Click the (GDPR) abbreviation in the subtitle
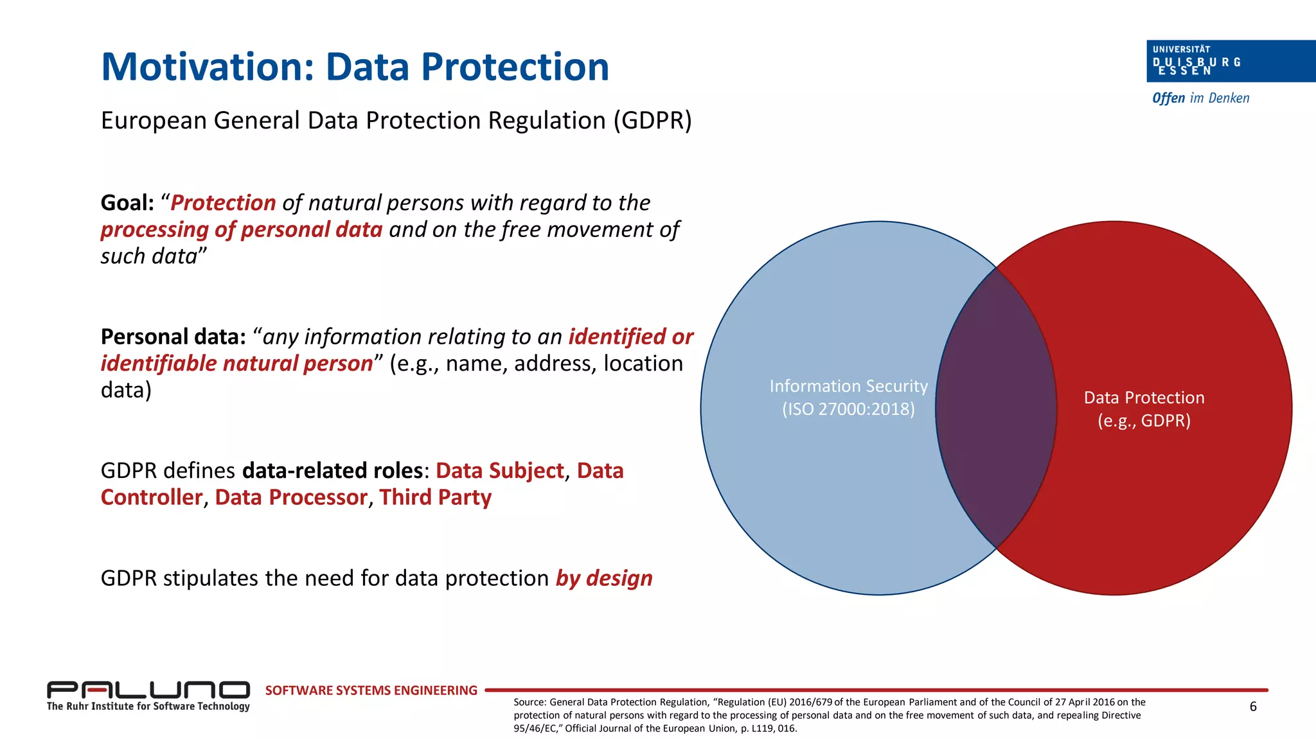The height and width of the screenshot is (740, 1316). point(652,121)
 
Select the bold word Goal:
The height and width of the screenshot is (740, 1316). point(127,203)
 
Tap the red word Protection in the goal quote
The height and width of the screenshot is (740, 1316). point(223,203)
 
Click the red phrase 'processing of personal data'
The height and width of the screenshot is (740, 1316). point(242,230)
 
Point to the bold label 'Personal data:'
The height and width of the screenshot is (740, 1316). point(173,337)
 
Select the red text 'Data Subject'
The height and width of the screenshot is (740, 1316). point(499,471)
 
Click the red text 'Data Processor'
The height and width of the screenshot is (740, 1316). point(290,498)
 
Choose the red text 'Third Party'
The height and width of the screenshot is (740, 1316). point(435,498)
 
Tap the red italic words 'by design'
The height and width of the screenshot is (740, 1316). point(603,578)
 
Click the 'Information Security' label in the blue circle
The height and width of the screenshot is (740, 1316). point(848,386)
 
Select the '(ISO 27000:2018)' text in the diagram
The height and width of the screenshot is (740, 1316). point(848,409)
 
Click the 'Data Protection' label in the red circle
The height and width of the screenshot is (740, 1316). point(1144,398)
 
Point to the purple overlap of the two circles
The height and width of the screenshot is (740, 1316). point(996,408)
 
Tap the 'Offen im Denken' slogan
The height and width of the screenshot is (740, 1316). point(1200,98)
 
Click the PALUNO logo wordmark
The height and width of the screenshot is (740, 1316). point(148,690)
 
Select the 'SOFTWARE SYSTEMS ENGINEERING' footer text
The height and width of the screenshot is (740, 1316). point(371,691)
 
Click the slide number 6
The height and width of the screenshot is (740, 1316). point(1252,707)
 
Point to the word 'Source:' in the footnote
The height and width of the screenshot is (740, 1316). point(529,702)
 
